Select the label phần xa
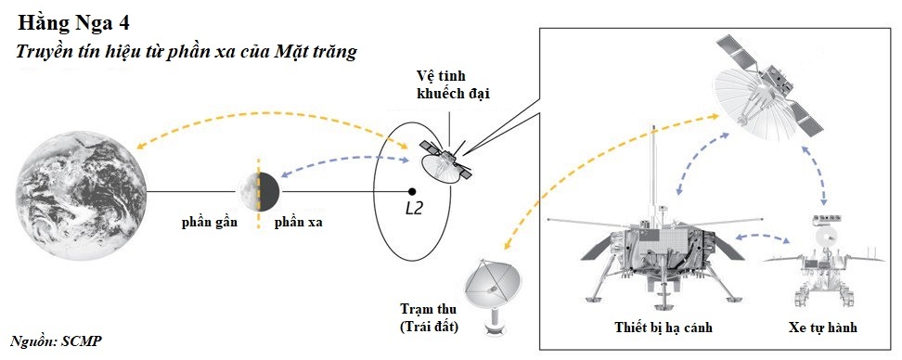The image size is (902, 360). pyautogui.click(x=298, y=223)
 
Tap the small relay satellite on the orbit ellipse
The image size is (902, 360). pyautogui.click(x=444, y=161)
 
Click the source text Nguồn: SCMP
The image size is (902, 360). pyautogui.click(x=55, y=341)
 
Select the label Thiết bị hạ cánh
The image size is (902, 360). pyautogui.click(x=663, y=328)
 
